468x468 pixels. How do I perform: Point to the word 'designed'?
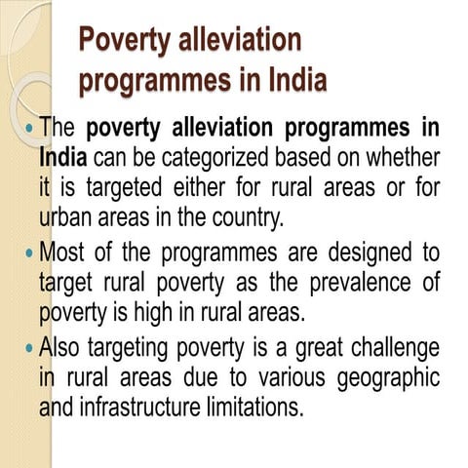(x=362, y=253)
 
